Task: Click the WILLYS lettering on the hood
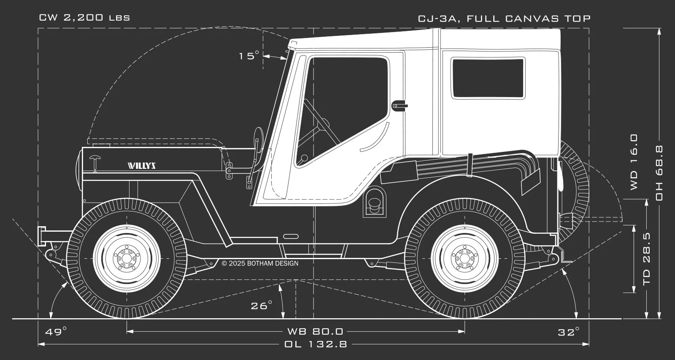click(x=142, y=165)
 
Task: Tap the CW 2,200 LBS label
click(x=84, y=18)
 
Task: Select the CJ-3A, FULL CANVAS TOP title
click(x=504, y=19)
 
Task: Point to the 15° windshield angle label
click(x=249, y=56)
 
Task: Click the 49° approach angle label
click(x=56, y=331)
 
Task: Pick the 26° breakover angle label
click(x=262, y=306)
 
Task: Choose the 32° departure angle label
click(x=569, y=332)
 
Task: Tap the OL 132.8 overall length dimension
click(x=316, y=344)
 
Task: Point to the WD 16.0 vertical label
click(x=634, y=162)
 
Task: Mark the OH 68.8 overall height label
click(x=659, y=173)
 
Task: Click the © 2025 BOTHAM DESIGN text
click(x=260, y=263)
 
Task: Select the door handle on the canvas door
click(x=399, y=104)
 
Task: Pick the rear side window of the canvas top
click(x=488, y=78)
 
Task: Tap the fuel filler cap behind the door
click(x=374, y=204)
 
